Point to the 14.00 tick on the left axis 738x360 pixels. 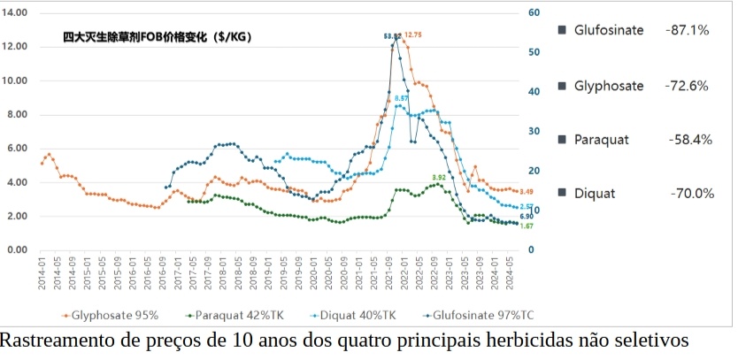tap(17, 12)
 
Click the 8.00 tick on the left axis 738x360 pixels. tap(19, 114)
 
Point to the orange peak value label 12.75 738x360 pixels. tap(413, 34)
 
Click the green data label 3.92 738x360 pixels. tap(439, 178)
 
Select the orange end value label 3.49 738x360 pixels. tap(526, 192)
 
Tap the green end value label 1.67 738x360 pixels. tap(526, 226)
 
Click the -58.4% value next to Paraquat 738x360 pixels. tap(690, 140)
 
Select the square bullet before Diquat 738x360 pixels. tap(562, 193)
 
